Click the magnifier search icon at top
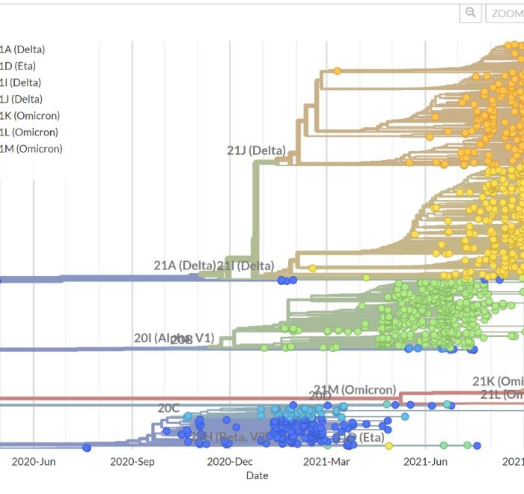(470, 13)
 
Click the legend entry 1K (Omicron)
(30, 115)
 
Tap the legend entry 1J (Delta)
(22, 99)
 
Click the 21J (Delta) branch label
(256, 150)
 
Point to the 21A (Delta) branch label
(184, 265)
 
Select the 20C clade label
(168, 408)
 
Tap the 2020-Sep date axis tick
(132, 461)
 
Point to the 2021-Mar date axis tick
(326, 461)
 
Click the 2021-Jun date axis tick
(427, 461)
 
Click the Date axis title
(257, 475)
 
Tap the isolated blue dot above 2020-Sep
(87, 448)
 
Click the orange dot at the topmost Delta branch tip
(337, 71)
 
